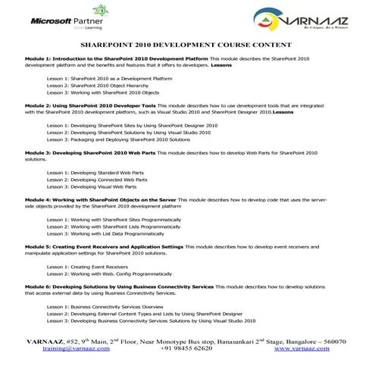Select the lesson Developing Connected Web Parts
95,180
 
